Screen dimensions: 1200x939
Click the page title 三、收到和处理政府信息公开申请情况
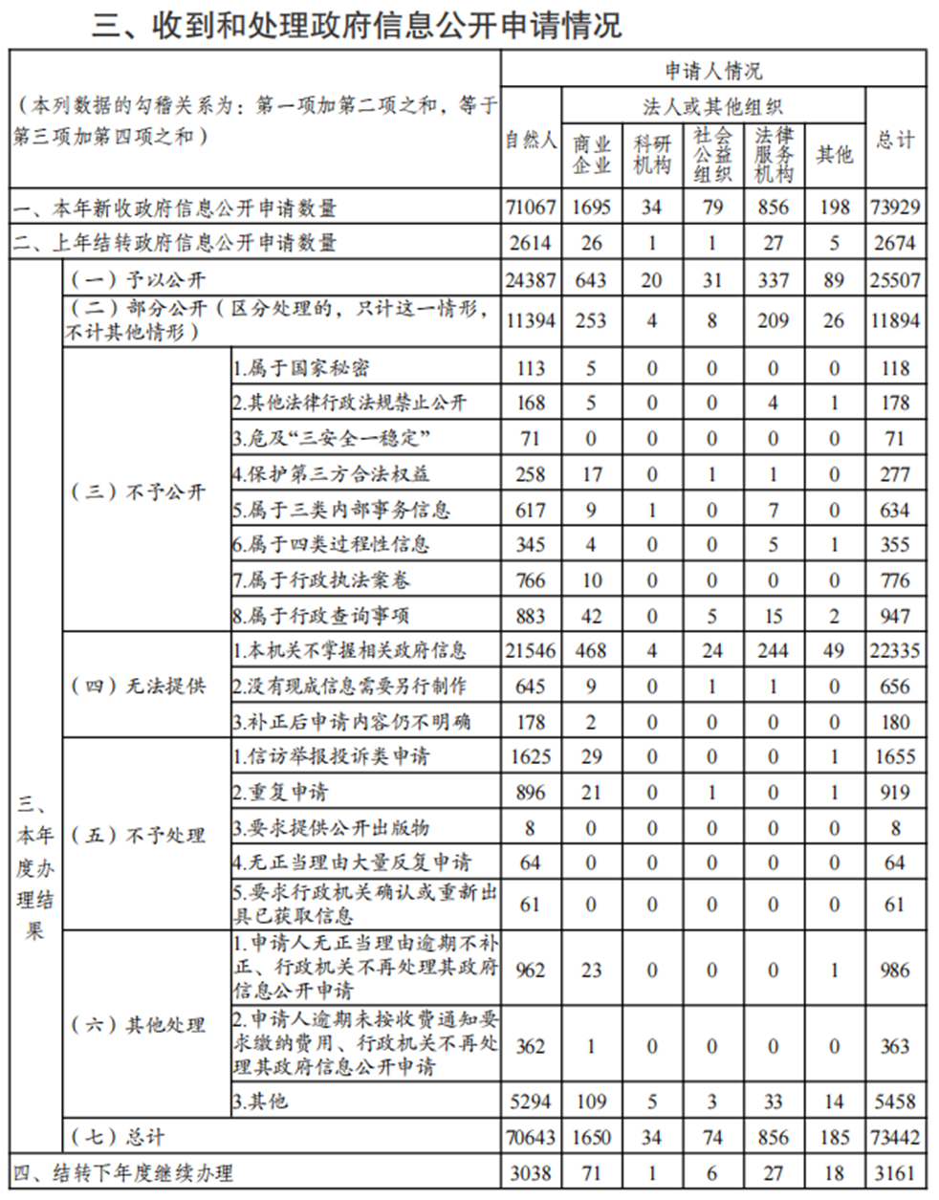pyautogui.click(x=357, y=24)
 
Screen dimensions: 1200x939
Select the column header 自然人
pyautogui.click(x=531, y=140)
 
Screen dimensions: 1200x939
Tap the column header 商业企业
pyautogui.click(x=591, y=154)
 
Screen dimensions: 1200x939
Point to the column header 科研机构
pyautogui.click(x=651, y=154)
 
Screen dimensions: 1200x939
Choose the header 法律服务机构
pyautogui.click(x=773, y=154)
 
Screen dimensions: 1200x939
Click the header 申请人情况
pyautogui.click(x=713, y=71)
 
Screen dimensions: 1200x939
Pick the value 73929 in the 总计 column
pyautogui.click(x=895, y=207)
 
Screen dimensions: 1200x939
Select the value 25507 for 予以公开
pyautogui.click(x=895, y=280)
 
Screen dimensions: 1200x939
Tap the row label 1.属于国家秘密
pyautogui.click(x=301, y=368)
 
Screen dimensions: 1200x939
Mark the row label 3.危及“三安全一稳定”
pyautogui.click(x=330, y=439)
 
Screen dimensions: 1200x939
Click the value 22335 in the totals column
pyautogui.click(x=895, y=651)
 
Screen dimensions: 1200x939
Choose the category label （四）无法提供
pyautogui.click(x=139, y=687)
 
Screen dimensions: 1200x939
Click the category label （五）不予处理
pyautogui.click(x=139, y=835)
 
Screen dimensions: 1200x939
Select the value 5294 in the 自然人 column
pyautogui.click(x=531, y=1102)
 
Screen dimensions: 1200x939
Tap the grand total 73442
pyautogui.click(x=895, y=1137)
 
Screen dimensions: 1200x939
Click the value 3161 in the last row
pyautogui.click(x=895, y=1172)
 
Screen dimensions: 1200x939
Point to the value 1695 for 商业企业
pyautogui.click(x=591, y=207)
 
